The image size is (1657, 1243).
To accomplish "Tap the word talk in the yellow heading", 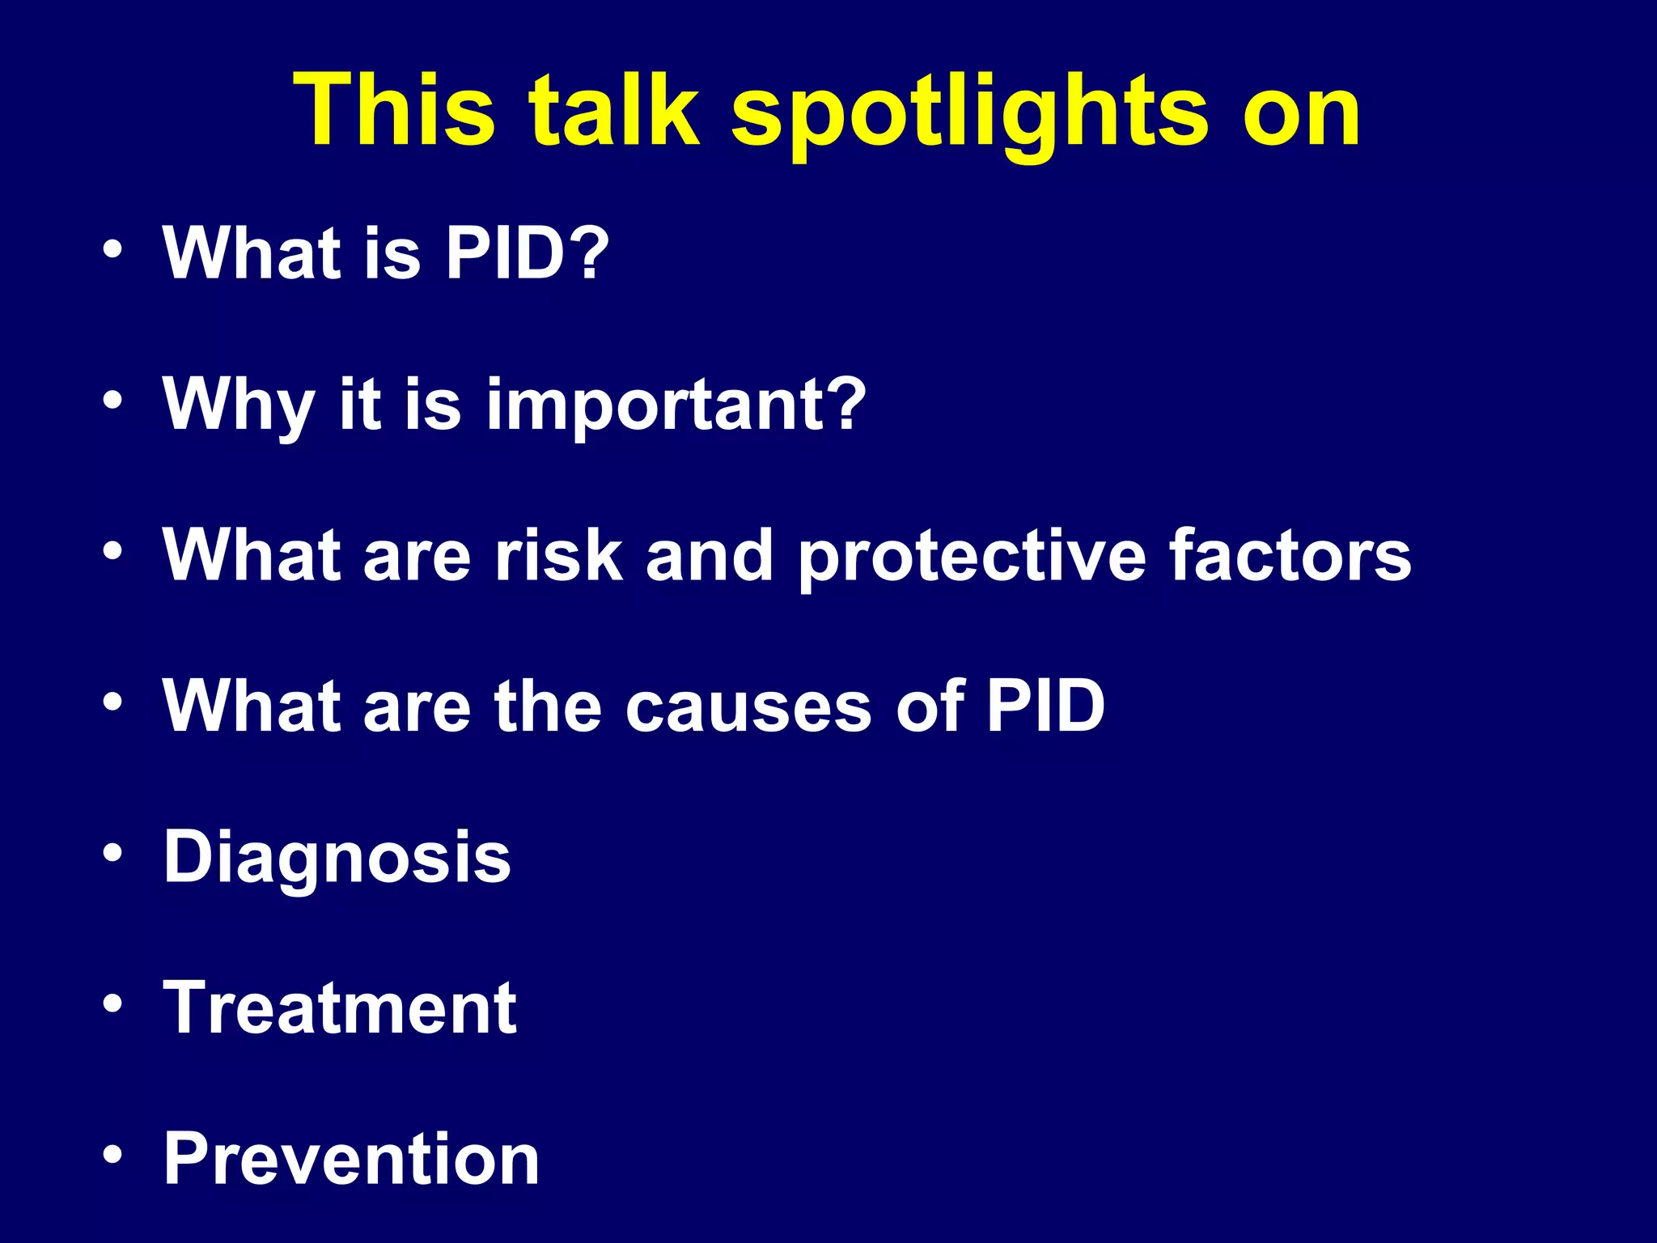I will (613, 108).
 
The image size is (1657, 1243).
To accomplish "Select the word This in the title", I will (394, 108).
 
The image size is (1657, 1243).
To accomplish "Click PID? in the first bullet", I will (526, 253).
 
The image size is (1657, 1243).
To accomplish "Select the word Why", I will (238, 405).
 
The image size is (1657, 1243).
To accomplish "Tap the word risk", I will (558, 555).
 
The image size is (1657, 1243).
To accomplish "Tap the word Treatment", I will (339, 1008).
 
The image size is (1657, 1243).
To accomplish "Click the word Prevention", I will (351, 1159).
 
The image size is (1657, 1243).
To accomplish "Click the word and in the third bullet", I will (709, 555).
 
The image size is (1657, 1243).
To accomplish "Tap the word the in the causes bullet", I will (548, 706).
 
